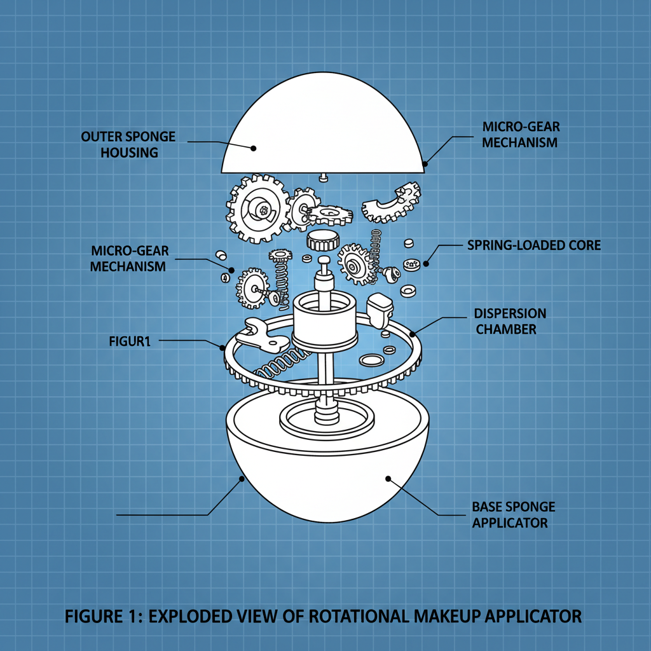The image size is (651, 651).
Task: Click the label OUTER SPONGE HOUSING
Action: pos(128,144)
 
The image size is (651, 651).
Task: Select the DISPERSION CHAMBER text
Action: pos(510,321)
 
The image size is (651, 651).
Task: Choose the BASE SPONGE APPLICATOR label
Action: pos(513,515)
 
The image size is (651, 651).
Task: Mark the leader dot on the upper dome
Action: pos(253,148)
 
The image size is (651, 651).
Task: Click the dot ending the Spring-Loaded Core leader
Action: pos(427,263)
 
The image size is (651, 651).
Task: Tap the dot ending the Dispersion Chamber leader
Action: pos(412,332)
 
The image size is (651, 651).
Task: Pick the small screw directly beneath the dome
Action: pos(323,176)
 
